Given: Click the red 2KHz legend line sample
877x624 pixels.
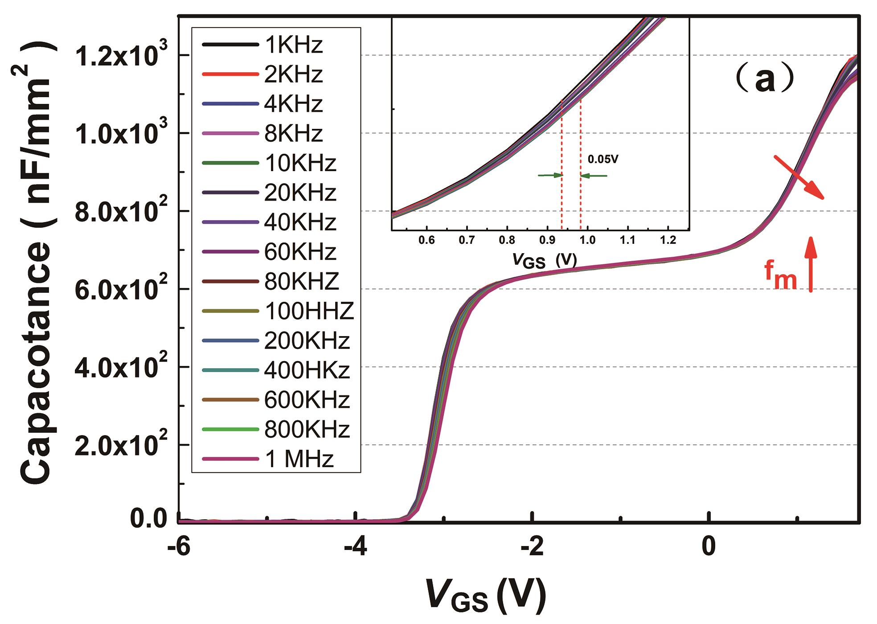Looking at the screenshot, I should [230, 74].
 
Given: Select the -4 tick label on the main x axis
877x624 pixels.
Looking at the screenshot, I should [355, 547].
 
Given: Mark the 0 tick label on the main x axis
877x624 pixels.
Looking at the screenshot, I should [709, 547].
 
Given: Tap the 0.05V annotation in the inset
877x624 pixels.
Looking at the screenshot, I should [603, 159].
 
